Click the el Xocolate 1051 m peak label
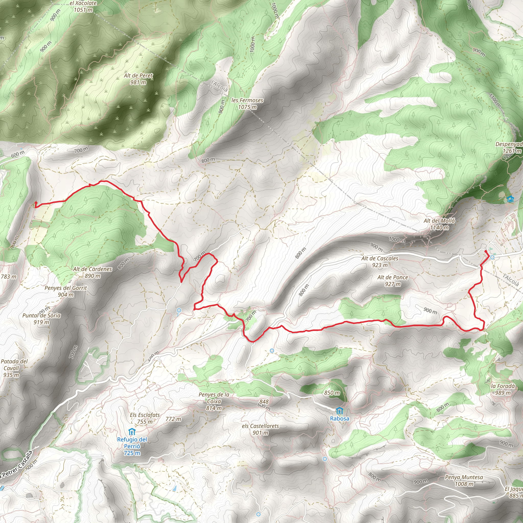tap(83, 6)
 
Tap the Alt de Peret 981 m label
tap(138, 79)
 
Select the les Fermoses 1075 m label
tap(247, 103)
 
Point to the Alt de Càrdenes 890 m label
tap(93, 272)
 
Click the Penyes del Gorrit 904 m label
tap(66, 291)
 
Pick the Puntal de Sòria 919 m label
tap(41, 319)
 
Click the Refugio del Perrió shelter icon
tap(132, 432)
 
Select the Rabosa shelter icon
tap(339, 412)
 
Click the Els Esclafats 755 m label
tap(145, 418)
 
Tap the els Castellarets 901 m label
tap(260, 429)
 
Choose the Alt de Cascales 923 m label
tap(379, 261)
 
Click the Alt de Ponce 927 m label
tap(393, 280)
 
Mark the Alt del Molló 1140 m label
tap(439, 224)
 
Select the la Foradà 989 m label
tap(503, 389)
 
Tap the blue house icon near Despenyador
tap(510, 199)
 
